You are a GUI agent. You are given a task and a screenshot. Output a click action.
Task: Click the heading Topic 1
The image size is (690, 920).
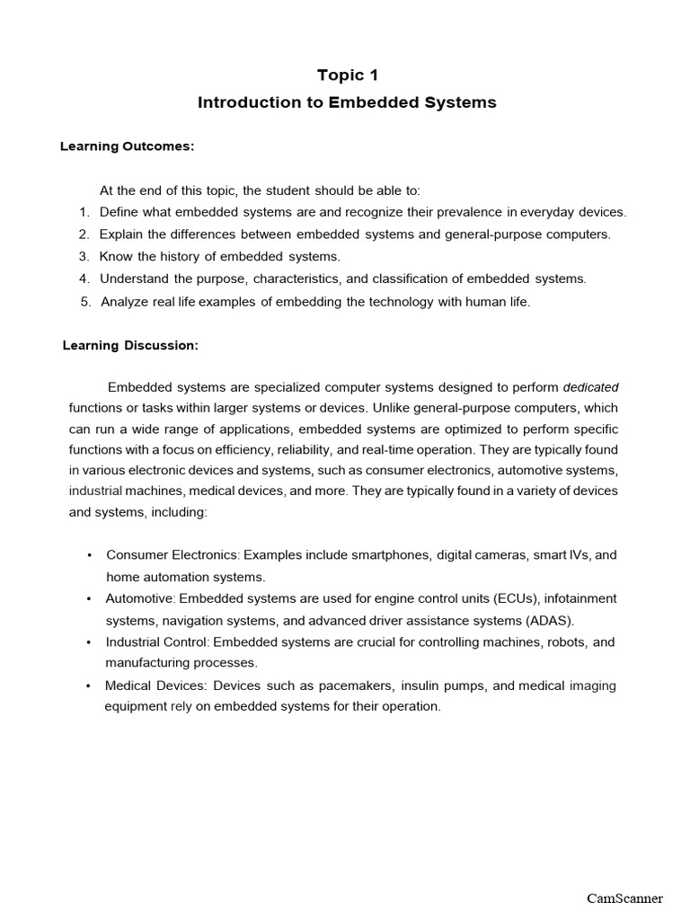347,75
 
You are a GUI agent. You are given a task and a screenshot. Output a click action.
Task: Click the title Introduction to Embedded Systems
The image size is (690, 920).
347,102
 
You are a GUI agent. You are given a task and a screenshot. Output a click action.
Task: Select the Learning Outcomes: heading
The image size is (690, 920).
128,146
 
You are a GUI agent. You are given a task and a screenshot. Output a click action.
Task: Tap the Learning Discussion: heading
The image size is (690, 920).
130,345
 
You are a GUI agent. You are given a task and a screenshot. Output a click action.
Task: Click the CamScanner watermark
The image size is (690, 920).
624,898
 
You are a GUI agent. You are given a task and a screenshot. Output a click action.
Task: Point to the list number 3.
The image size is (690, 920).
83,256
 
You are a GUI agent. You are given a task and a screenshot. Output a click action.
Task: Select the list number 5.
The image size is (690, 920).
84,302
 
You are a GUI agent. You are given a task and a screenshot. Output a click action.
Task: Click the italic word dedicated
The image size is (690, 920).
590,387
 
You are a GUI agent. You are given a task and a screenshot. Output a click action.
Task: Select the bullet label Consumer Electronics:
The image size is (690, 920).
173,555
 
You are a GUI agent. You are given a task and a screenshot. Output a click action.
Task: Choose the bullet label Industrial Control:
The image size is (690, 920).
157,642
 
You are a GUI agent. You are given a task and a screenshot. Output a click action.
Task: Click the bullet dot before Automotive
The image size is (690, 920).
89,599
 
